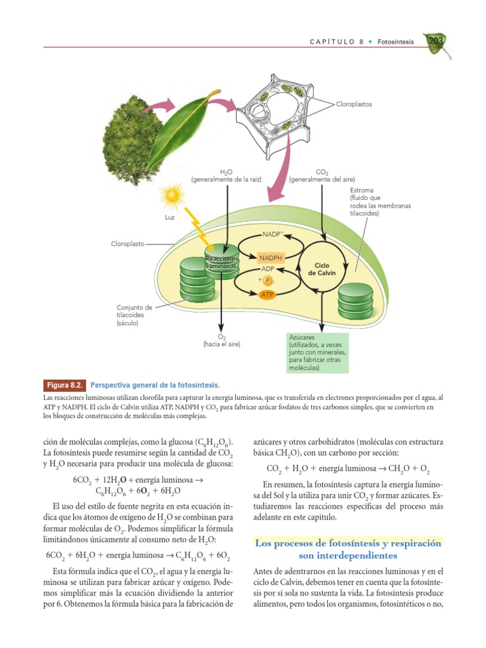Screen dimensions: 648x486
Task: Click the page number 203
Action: (436, 41)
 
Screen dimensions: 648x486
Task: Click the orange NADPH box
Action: (270, 258)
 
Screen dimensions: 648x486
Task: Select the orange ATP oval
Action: (268, 294)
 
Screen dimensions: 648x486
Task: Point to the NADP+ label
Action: (273, 235)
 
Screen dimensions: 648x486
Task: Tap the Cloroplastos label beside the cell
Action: (354, 104)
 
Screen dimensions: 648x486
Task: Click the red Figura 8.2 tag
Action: (64, 385)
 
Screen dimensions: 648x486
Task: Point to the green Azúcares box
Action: (316, 353)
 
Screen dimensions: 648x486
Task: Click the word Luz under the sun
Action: (169, 218)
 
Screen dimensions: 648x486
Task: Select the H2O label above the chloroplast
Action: (226, 172)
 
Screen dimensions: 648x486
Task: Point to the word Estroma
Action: (361, 190)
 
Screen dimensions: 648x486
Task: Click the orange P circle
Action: (268, 281)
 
